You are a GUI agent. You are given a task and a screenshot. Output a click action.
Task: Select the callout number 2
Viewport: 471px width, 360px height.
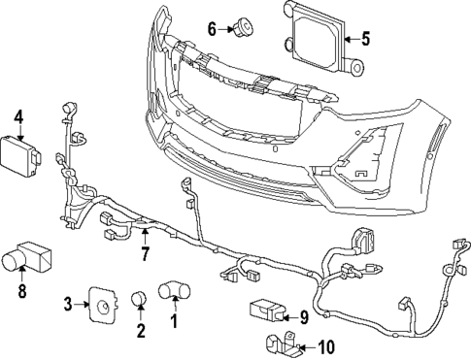tap(140, 332)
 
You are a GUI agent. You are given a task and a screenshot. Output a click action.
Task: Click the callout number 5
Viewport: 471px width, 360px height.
tap(365, 40)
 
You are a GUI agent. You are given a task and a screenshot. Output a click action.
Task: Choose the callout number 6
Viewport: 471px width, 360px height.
tap(212, 28)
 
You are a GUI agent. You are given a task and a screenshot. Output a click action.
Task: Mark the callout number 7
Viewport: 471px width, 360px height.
tap(145, 256)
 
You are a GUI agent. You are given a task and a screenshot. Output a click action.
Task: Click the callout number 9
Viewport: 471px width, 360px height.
tap(303, 315)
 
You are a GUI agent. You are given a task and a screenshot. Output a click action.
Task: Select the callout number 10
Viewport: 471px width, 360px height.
tap(325, 346)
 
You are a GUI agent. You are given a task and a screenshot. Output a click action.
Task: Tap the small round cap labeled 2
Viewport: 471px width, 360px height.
tap(140, 297)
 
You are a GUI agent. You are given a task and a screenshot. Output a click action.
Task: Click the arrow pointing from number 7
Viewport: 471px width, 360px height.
tap(145, 238)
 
